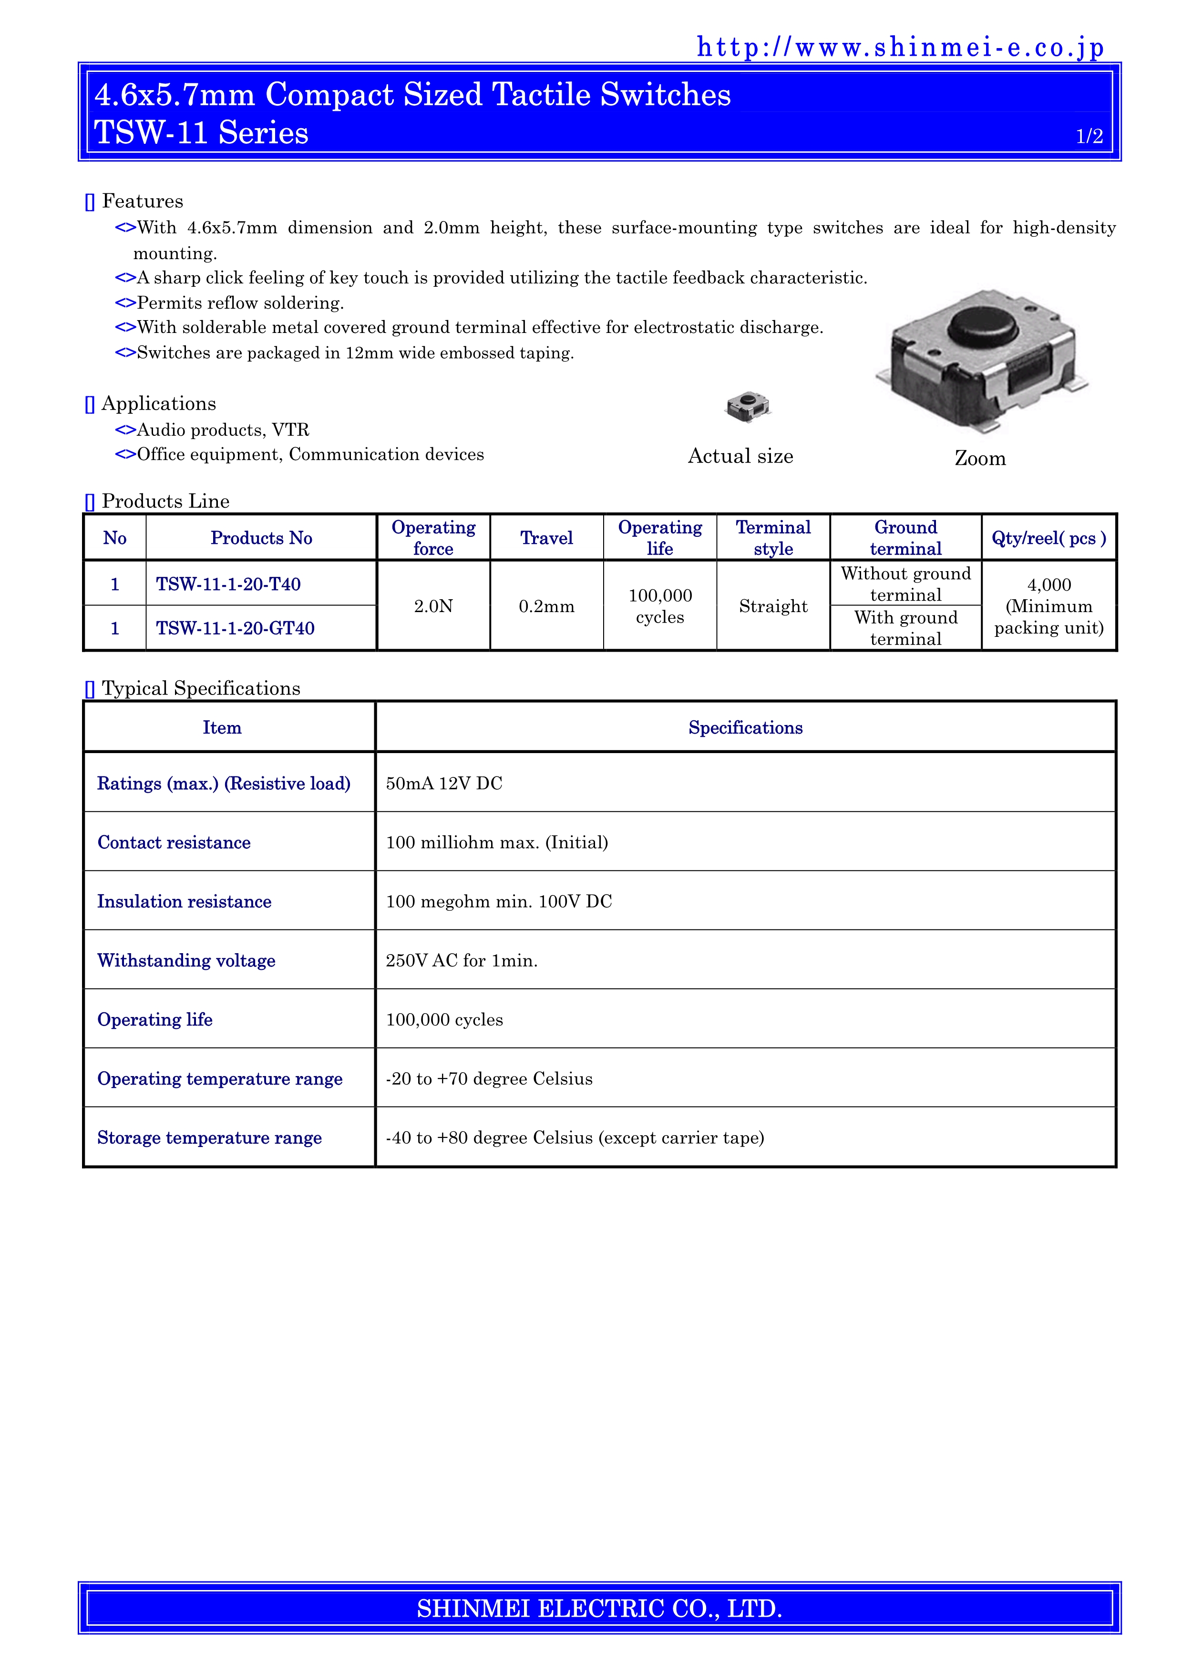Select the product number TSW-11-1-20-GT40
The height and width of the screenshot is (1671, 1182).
pos(235,628)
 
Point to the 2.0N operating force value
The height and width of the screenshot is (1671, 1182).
pos(433,606)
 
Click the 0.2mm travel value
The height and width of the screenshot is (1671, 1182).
pos(546,606)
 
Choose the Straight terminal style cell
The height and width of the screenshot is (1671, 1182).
pos(773,606)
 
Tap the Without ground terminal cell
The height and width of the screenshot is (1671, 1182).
pos(905,584)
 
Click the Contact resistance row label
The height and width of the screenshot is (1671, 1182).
pos(174,842)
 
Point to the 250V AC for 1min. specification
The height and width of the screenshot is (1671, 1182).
pos(462,961)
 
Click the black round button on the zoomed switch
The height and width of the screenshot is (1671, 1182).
pos(982,326)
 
